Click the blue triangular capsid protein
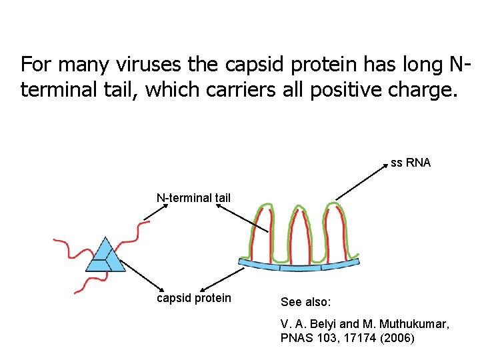105,257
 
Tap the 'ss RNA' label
411,162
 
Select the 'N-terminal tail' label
193,197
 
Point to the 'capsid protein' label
193,298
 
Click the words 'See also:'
305,302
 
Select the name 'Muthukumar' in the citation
415,323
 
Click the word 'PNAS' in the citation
296,338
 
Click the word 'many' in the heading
81,65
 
